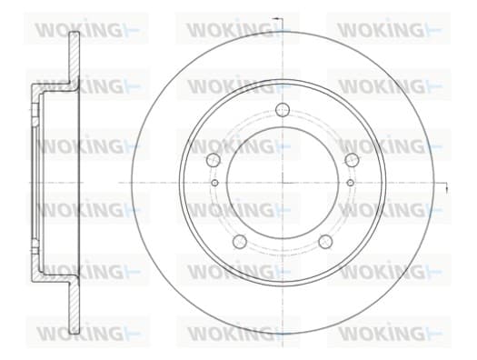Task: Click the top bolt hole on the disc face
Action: (283, 110)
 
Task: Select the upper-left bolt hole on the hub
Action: (213, 160)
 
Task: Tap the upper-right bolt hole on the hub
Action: (352, 160)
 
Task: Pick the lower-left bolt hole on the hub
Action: (240, 241)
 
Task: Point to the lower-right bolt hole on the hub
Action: (325, 241)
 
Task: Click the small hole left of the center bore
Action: (214, 183)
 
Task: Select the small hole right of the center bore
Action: (351, 183)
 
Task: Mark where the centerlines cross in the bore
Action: (283, 183)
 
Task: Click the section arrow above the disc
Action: (277, 19)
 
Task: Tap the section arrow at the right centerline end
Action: (446, 188)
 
